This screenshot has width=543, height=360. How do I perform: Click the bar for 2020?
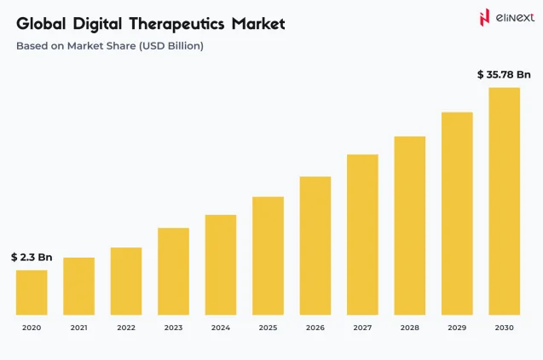32,292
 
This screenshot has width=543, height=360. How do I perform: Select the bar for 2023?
173,270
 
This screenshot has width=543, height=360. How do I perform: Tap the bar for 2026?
315,245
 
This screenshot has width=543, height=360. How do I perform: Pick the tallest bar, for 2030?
504,200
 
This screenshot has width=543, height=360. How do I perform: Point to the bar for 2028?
410,225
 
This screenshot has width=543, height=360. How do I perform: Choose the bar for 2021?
78,286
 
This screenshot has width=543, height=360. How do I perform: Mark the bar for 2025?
268,255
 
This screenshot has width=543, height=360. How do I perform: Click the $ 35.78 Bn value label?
504,75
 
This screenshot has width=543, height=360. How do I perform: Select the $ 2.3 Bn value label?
32,257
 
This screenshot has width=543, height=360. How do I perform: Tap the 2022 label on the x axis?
126,328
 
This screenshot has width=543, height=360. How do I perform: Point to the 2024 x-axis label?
221,328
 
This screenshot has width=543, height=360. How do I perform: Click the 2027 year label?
362,328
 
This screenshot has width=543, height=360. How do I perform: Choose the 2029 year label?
457,328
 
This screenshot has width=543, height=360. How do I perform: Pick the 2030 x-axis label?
504,328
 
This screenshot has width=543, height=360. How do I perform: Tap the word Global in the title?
40,24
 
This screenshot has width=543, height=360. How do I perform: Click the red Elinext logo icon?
485,18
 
